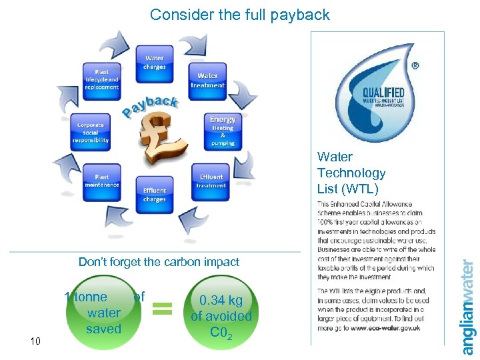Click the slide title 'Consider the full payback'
click(239, 15)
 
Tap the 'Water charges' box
click(154, 63)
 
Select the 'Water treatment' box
click(207, 81)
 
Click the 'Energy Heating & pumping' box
click(222, 131)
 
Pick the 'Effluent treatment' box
click(211, 181)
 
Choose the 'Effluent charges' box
click(154, 194)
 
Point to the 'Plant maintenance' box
click(102, 181)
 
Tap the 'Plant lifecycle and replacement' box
click(101, 79)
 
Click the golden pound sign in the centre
click(159, 140)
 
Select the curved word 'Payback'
click(150, 106)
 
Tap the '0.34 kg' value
click(221, 301)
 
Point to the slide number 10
click(36, 341)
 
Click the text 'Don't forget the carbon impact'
click(159, 262)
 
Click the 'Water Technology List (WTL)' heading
click(351, 173)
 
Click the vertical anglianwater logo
click(469, 307)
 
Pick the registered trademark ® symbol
click(416, 66)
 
